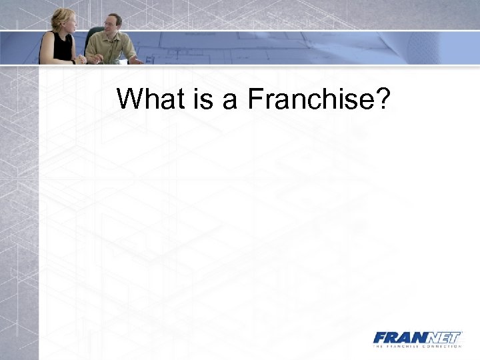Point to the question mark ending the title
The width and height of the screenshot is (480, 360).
point(382,99)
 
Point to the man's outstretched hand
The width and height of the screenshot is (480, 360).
point(136,60)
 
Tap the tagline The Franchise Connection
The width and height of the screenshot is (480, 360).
point(417,347)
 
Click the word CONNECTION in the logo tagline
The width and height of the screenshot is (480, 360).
point(441,347)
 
